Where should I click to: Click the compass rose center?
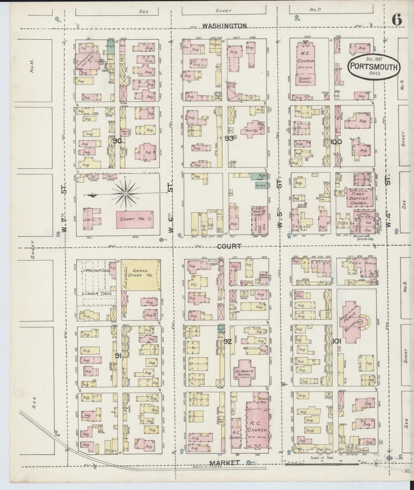click(x=125, y=194)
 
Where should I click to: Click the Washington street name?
click(x=224, y=26)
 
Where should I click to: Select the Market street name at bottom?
click(x=224, y=471)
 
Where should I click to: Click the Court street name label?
click(x=229, y=246)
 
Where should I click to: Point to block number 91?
click(x=117, y=356)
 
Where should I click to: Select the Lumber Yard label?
click(x=94, y=294)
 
